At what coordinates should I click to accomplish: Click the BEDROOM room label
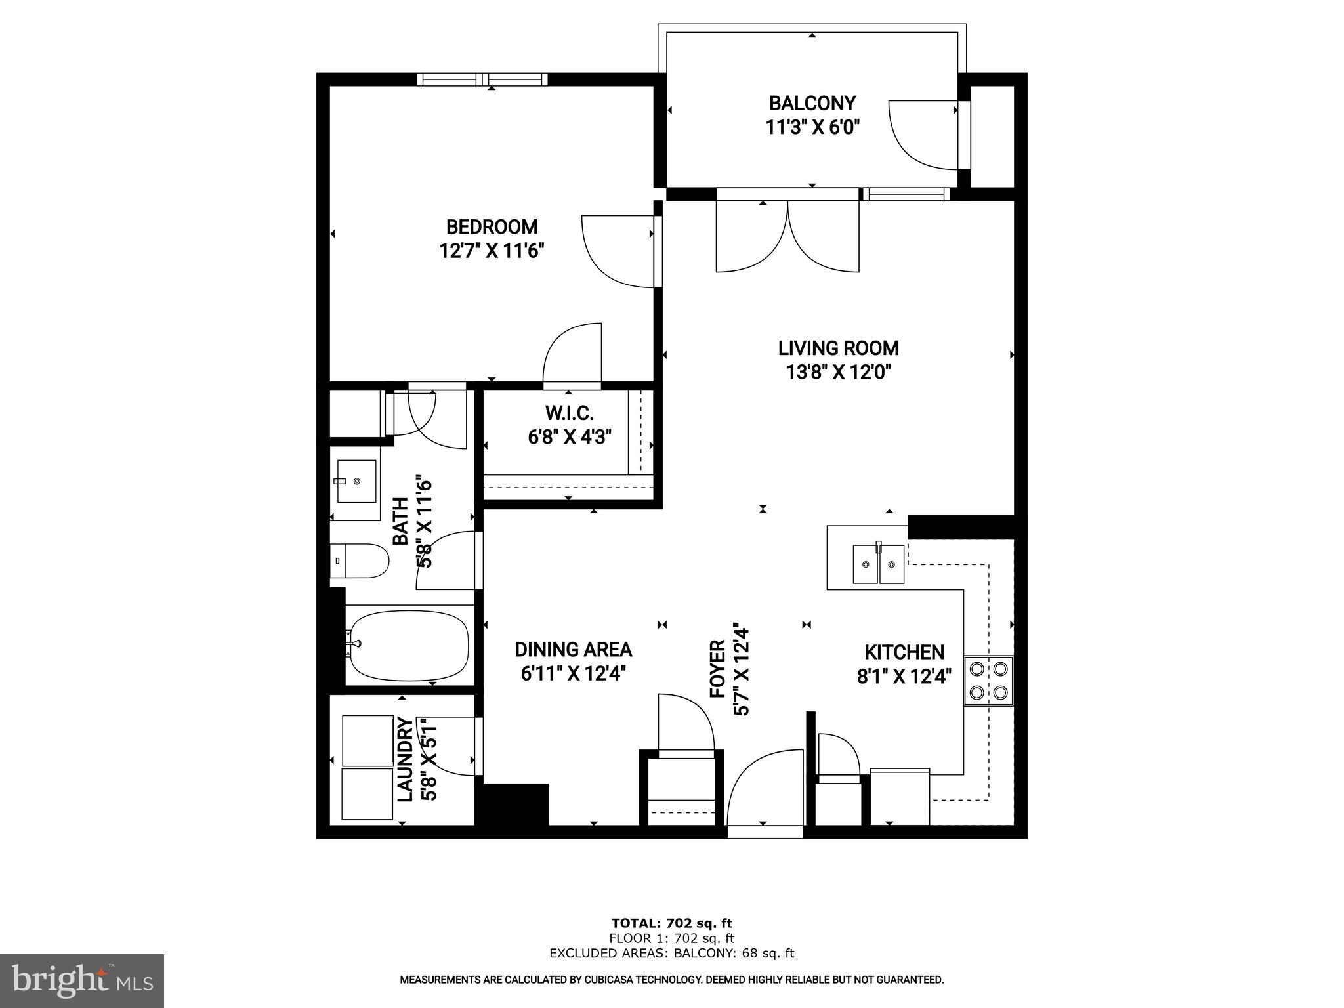point(492,227)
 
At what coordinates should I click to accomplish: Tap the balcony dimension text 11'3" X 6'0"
point(812,127)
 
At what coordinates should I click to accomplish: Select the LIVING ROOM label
point(838,348)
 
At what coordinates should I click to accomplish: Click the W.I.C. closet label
point(569,413)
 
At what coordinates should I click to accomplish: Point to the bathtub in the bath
point(408,646)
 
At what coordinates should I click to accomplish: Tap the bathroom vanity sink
point(356,481)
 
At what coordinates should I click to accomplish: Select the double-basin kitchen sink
point(879,564)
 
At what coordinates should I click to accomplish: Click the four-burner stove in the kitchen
point(988,681)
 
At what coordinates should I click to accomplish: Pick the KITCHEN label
point(904,652)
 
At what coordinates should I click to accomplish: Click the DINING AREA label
point(573,650)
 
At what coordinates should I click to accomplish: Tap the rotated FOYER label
point(718,669)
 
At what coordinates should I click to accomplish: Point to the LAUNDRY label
point(406,759)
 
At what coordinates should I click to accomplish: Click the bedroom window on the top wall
point(482,79)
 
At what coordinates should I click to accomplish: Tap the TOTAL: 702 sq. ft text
point(671,923)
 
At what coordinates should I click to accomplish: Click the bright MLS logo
point(81,980)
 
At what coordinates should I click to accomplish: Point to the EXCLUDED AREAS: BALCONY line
point(671,954)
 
